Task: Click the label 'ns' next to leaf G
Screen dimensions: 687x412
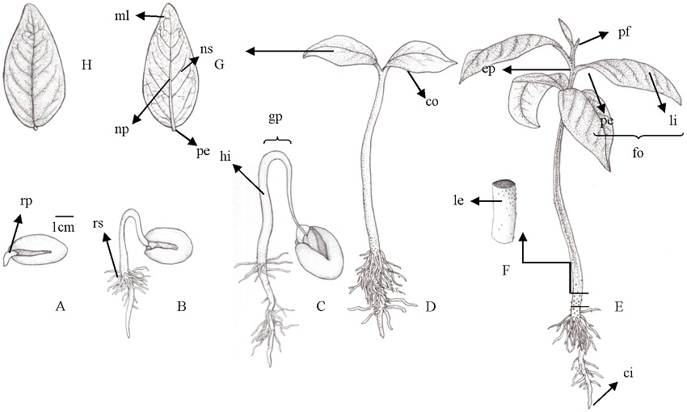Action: coord(209,50)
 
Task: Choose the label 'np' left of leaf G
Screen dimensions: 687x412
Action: coord(123,128)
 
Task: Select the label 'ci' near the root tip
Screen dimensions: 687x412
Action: coord(628,373)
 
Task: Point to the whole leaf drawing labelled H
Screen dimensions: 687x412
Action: coord(39,65)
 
